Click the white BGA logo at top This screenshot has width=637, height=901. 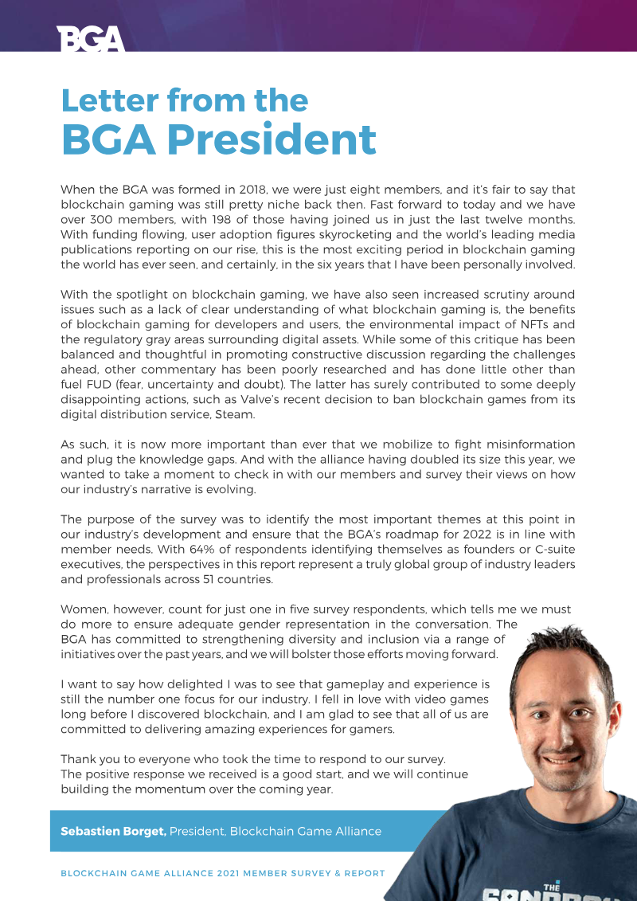coord(91,37)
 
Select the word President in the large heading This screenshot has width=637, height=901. coord(272,139)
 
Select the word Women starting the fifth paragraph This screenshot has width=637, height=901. coord(84,609)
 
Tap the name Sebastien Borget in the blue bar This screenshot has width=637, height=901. coord(113,831)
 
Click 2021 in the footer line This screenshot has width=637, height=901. coord(233,873)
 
